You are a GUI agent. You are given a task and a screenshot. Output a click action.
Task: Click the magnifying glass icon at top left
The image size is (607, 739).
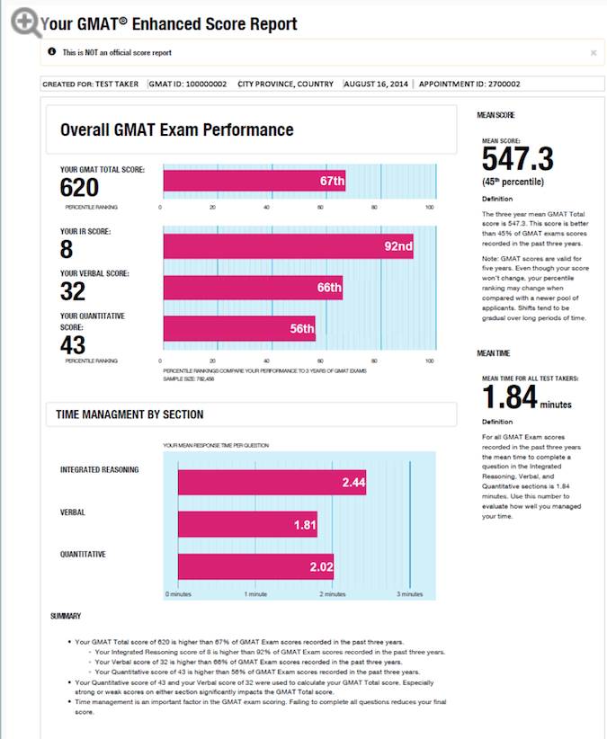[x=25, y=22]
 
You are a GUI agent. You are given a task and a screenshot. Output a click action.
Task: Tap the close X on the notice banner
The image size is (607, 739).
[x=593, y=53]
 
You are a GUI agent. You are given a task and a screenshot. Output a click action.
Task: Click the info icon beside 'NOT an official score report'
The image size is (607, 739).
[x=51, y=53]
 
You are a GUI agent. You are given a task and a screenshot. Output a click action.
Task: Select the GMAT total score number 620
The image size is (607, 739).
[x=79, y=187]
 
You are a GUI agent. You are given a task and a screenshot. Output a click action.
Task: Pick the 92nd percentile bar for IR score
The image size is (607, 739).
[x=288, y=246]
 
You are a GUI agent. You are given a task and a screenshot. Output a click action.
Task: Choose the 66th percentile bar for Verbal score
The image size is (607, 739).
[x=253, y=288]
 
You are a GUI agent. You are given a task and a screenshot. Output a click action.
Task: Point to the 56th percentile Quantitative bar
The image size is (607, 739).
[x=238, y=329]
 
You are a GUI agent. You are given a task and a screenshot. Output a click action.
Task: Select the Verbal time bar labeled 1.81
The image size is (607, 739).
[x=247, y=524]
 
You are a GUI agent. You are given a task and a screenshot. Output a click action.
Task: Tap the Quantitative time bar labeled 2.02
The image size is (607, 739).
[x=255, y=566]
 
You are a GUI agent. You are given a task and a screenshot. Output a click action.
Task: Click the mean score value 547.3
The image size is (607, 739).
[x=518, y=160]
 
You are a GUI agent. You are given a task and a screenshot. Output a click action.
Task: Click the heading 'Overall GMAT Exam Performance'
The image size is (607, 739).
[x=176, y=130]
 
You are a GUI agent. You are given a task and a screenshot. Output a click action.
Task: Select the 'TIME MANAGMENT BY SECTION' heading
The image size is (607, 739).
[x=129, y=414]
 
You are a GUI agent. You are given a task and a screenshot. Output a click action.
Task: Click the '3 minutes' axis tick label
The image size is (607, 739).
[x=409, y=594]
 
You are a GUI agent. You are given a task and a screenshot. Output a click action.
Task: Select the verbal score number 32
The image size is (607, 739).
[x=73, y=291]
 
